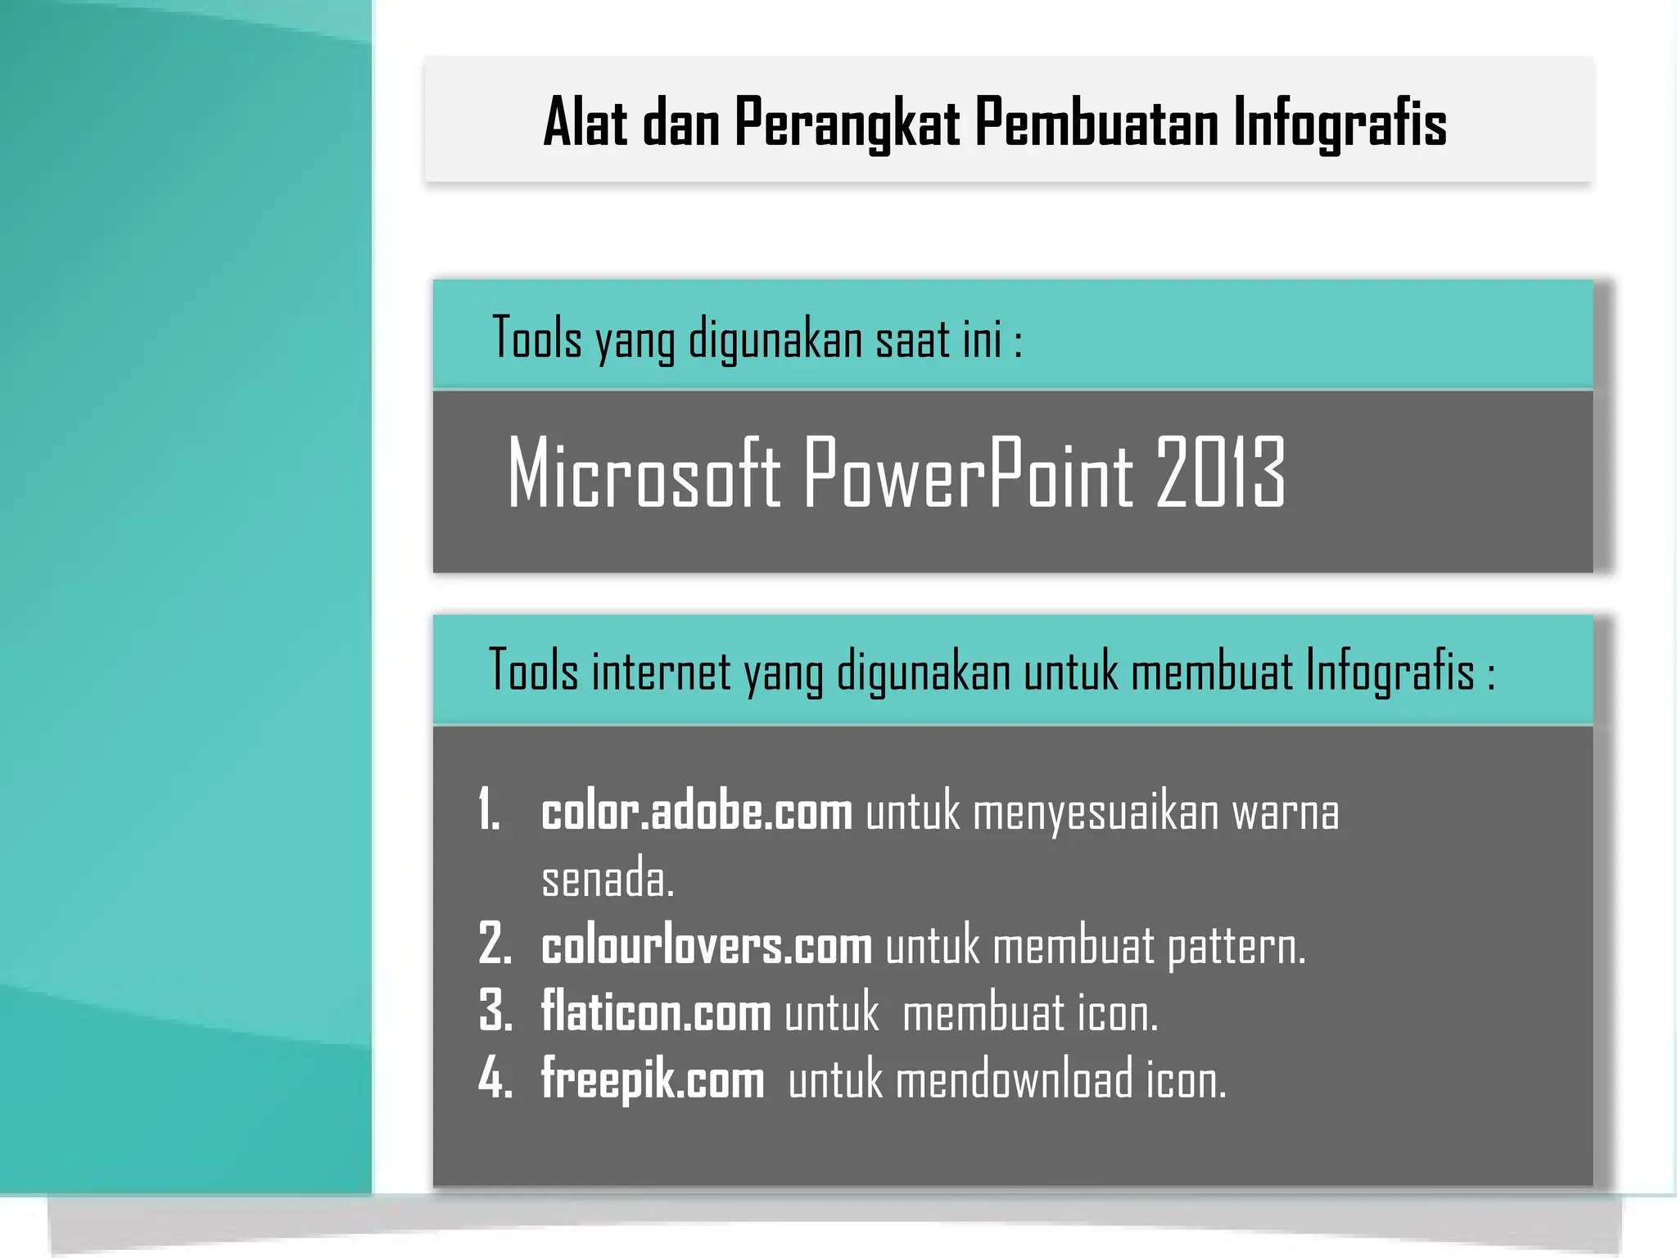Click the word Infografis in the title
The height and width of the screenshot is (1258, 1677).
pos(1340,123)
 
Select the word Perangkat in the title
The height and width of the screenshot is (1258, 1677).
pos(847,123)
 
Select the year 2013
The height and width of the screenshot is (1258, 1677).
pos(1220,473)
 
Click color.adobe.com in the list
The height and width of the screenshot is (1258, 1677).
pos(697,812)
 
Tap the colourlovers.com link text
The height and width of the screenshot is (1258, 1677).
pos(707,947)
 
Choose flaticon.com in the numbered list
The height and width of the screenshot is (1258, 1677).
pos(656,1013)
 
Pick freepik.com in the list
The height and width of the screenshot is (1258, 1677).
pos(653,1080)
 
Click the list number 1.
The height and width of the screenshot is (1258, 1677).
pos(489,811)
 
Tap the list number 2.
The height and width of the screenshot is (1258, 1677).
pos(495,945)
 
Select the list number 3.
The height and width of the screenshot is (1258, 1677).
pos(495,1012)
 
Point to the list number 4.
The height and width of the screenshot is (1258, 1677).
pos(495,1079)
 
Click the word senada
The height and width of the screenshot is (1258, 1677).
pos(608,880)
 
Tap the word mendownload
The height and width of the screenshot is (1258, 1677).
pos(1015,1080)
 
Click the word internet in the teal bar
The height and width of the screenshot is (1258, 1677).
pos(661,671)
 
